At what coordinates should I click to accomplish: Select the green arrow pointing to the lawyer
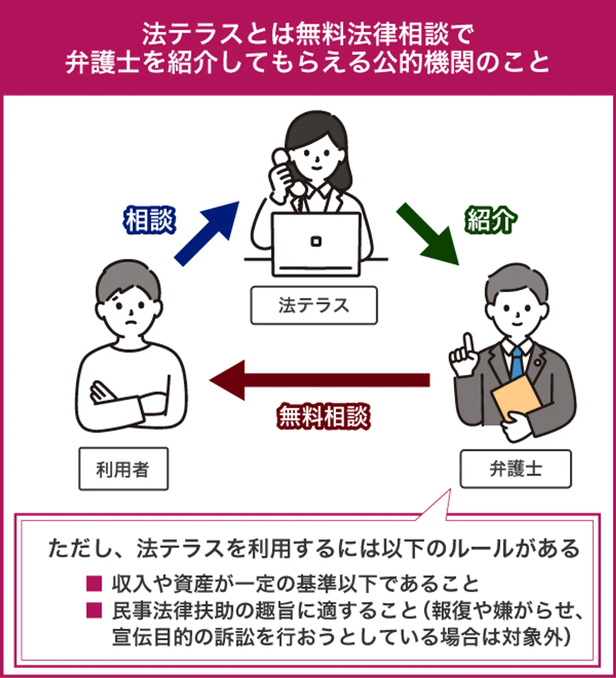(427, 234)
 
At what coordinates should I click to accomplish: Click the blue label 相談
(149, 220)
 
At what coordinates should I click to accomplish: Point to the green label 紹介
(490, 220)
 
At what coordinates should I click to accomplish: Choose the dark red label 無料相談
(323, 416)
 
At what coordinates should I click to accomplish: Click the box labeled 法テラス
(314, 305)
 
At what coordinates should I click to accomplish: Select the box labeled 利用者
(123, 469)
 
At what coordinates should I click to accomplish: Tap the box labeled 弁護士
(515, 469)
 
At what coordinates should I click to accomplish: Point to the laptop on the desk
(316, 244)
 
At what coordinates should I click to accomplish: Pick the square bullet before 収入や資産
(94, 583)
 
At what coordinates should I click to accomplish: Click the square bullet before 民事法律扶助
(94, 610)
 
